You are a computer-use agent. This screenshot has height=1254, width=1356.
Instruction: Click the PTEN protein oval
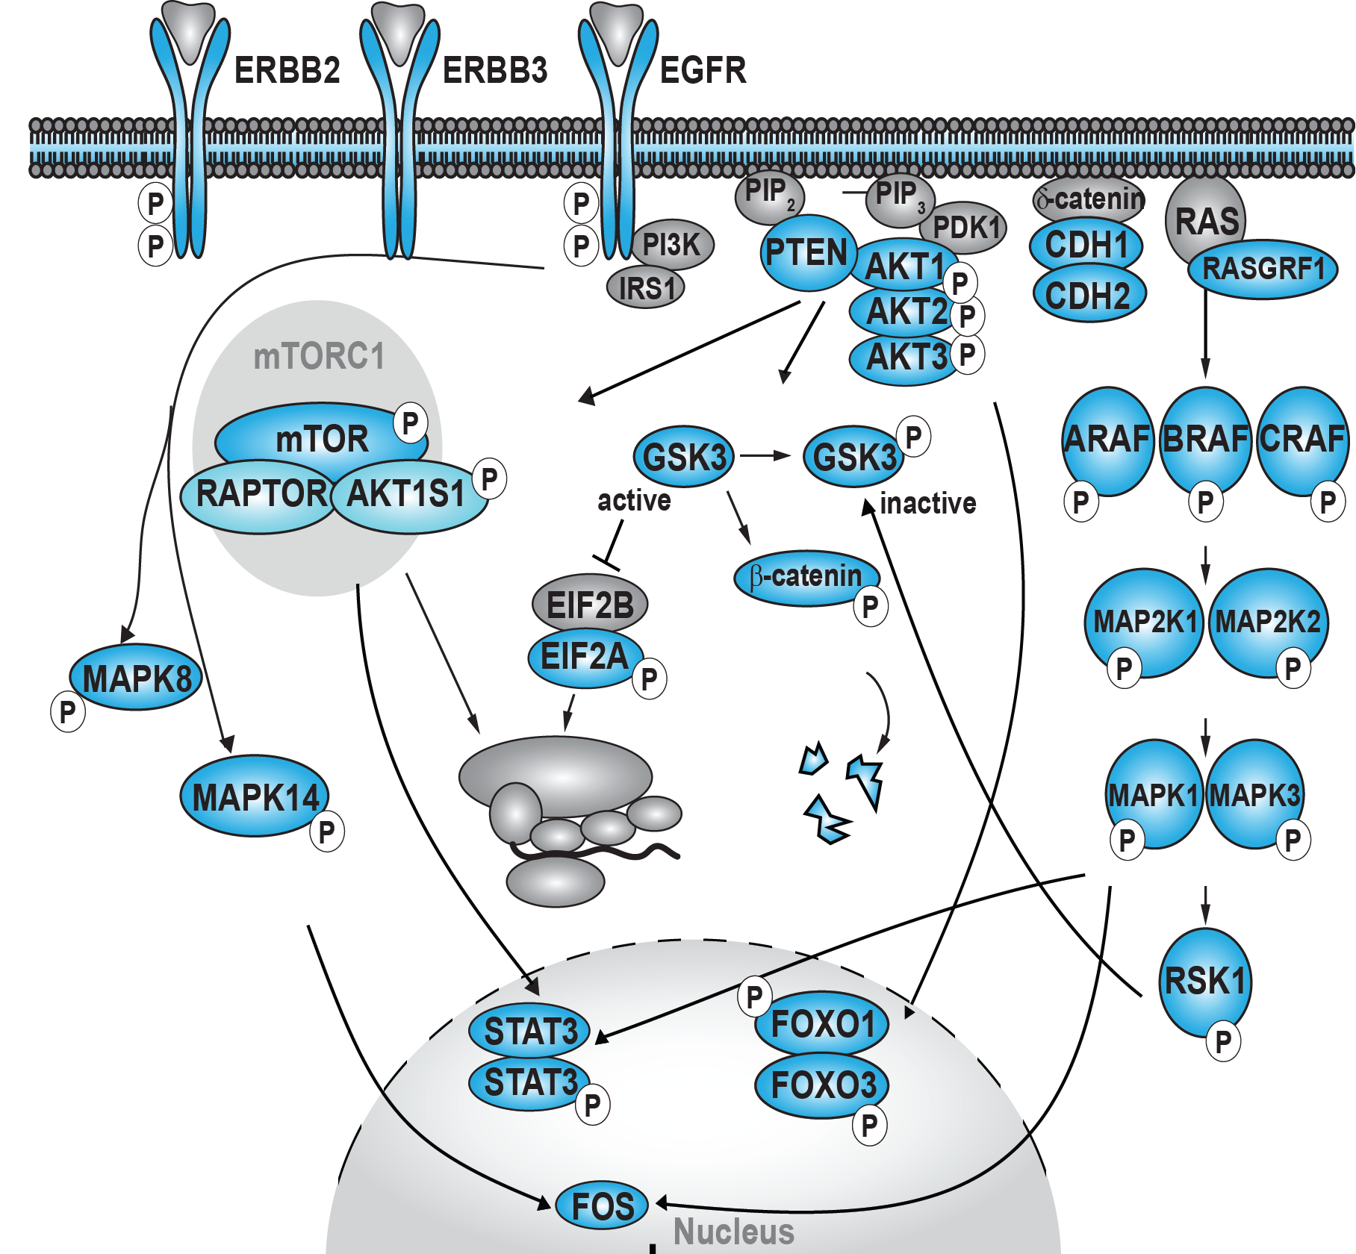[806, 253]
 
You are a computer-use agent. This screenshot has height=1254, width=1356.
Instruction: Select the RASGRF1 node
[1263, 269]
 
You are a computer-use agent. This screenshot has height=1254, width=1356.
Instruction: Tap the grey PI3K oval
[671, 244]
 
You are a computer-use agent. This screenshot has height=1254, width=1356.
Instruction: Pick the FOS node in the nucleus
[602, 1205]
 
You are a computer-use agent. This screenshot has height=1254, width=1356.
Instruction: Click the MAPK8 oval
[136, 678]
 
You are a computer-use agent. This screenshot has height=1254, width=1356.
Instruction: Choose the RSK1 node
[1204, 981]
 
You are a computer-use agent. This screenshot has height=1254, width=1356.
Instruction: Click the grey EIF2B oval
[589, 605]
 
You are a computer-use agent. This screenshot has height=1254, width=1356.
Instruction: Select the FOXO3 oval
[822, 1085]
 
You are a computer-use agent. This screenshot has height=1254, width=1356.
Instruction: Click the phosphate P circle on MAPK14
[327, 832]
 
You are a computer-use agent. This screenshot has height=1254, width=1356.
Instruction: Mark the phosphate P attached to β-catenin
[870, 607]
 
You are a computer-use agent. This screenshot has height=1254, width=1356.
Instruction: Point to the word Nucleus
[733, 1232]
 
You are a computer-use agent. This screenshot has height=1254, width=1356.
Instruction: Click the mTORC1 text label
[319, 356]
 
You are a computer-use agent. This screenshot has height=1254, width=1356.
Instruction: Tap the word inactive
[927, 503]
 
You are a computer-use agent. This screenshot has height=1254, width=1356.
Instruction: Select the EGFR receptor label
[703, 70]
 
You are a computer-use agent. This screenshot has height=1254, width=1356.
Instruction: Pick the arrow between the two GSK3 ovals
[765, 455]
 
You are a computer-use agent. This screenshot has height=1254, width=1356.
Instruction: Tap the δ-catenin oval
[1089, 199]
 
